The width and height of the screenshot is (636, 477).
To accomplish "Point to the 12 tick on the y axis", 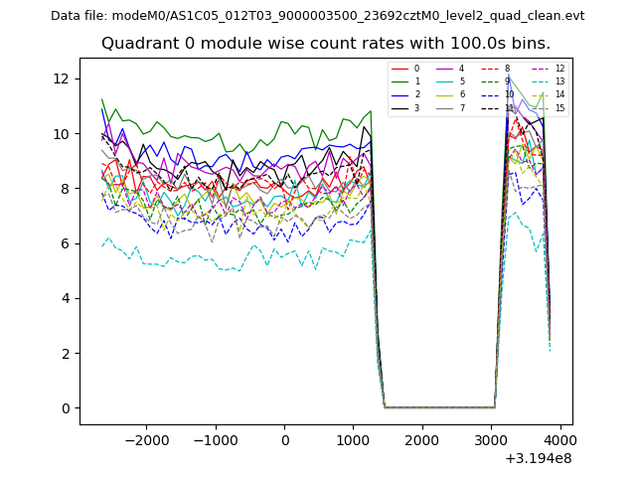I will point(66,79).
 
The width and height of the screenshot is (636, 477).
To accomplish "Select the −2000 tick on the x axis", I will point(147,440).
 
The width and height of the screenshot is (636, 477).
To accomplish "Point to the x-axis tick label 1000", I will point(353,440).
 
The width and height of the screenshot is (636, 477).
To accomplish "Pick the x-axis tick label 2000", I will point(421,440).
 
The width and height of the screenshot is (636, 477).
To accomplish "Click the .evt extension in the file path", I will point(574,16).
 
